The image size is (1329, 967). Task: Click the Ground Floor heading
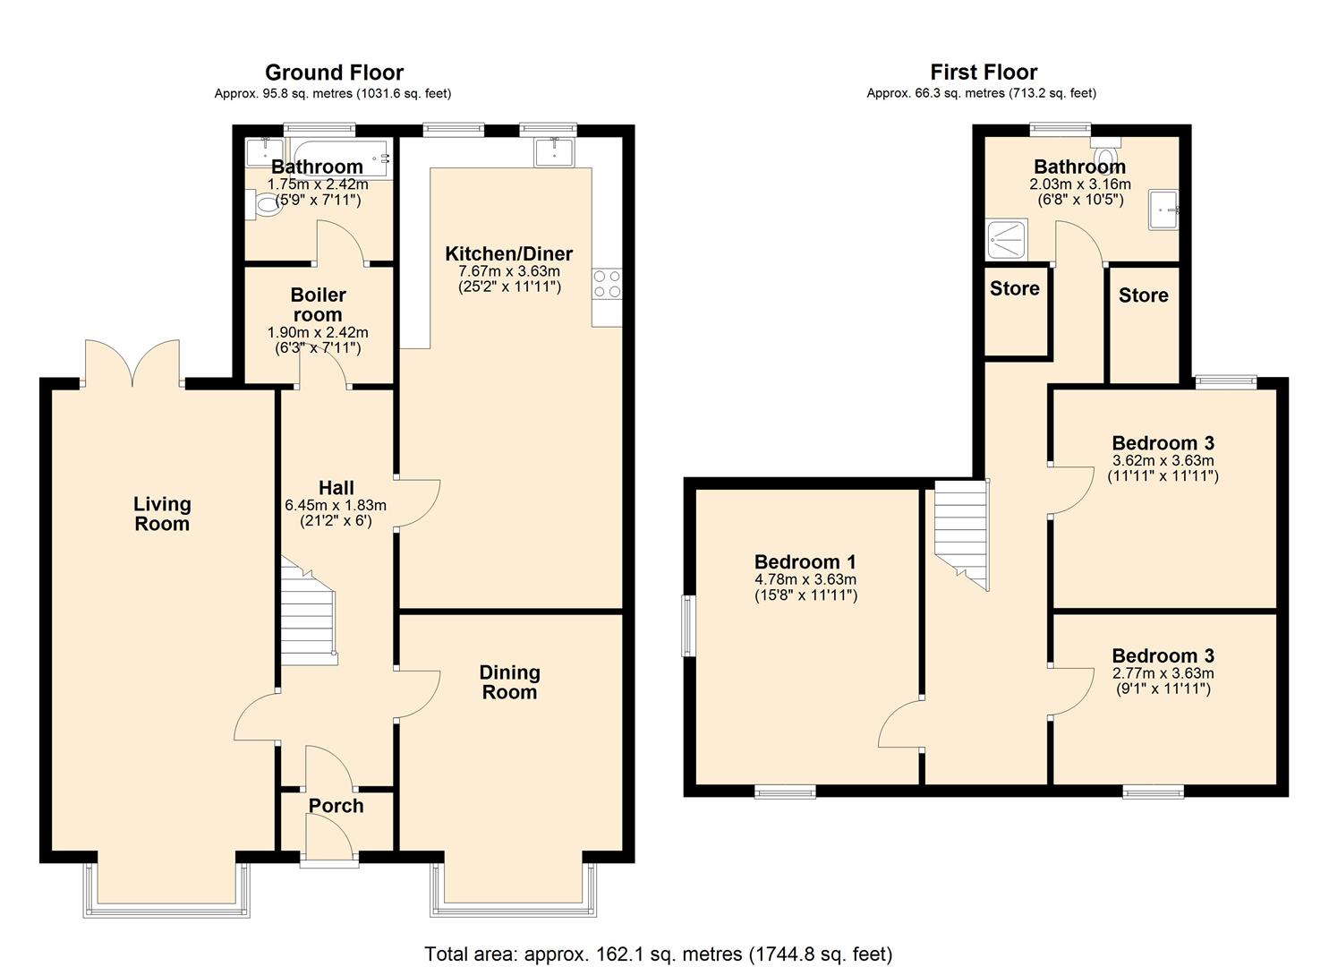coord(334,73)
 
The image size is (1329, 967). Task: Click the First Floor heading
coord(984,73)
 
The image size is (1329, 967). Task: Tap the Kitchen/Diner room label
coord(508,253)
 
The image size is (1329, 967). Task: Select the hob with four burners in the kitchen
coord(607,285)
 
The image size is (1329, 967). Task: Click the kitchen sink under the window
coord(554,152)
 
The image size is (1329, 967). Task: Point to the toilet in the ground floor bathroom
coord(264,205)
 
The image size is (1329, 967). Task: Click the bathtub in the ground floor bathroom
coord(338,158)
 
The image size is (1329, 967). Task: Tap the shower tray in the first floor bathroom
coord(1006,239)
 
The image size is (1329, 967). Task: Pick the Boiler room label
coord(318,304)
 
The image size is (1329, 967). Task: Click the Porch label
coord(336,806)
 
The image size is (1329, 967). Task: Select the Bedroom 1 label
coord(805,561)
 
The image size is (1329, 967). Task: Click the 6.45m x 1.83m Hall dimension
coord(336,505)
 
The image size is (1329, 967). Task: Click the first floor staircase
coord(962,535)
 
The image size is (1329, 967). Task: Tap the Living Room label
coord(162,513)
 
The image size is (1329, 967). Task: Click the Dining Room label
coord(509,682)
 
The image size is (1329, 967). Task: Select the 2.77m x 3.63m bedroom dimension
coord(1163,673)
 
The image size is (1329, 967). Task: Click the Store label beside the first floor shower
coord(1015,288)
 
